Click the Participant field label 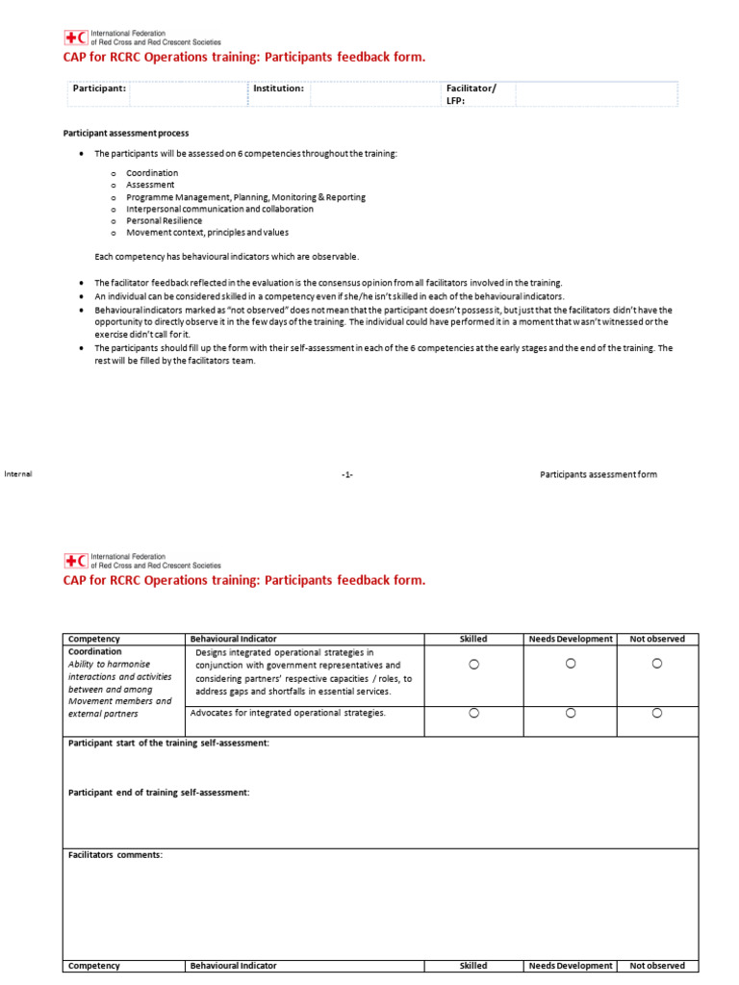(x=99, y=88)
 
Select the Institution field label (x=278, y=88)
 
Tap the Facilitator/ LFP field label (x=471, y=93)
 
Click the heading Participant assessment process (x=126, y=133)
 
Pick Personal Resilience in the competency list (x=164, y=220)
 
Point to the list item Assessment (x=150, y=185)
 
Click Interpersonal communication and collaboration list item (x=219, y=209)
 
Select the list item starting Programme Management (x=245, y=197)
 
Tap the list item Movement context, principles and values (x=207, y=232)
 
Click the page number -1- (x=347, y=474)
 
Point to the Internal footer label (x=18, y=473)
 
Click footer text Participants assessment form (x=599, y=474)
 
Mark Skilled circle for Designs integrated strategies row (x=473, y=664)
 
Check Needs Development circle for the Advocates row (x=571, y=713)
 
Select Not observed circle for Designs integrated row (x=657, y=664)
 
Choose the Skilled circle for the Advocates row (x=473, y=713)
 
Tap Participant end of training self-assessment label (x=159, y=792)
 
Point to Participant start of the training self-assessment (x=168, y=744)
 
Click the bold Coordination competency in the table (x=94, y=651)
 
